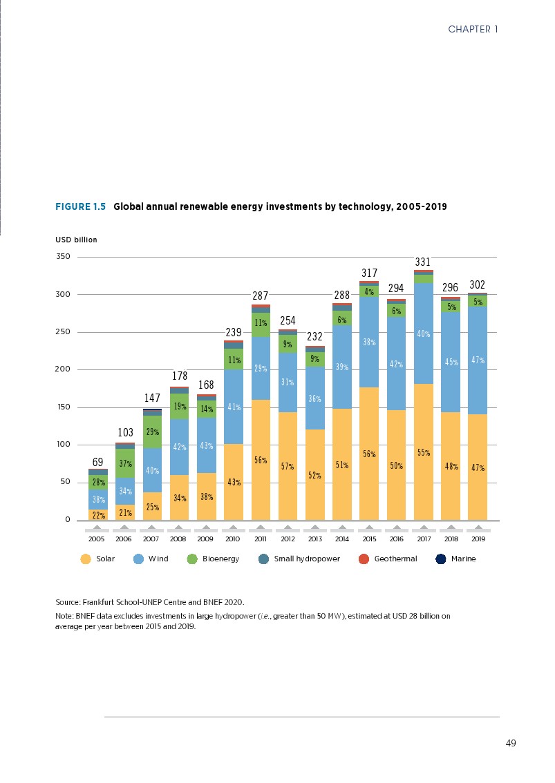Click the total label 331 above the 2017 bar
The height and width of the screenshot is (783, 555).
[423, 262]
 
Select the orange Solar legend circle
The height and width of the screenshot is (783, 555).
[86, 559]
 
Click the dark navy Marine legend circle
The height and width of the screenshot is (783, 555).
[440, 559]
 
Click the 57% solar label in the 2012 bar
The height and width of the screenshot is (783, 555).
[288, 466]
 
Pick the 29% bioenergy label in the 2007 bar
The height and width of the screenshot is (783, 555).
[152, 432]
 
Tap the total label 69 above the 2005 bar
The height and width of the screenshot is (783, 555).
[98, 461]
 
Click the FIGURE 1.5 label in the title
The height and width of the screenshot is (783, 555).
[80, 206]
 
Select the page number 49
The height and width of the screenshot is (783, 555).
[511, 743]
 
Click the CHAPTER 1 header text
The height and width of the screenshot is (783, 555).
[473, 29]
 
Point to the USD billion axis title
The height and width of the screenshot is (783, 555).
[76, 240]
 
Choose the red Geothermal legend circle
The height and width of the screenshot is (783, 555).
[364, 559]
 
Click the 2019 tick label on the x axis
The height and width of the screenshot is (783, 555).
[477, 539]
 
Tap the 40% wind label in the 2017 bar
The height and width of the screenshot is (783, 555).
[423, 334]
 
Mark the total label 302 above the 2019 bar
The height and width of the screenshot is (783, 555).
[477, 285]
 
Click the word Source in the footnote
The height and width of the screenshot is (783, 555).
[67, 602]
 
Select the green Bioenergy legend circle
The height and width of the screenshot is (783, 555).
[192, 559]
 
